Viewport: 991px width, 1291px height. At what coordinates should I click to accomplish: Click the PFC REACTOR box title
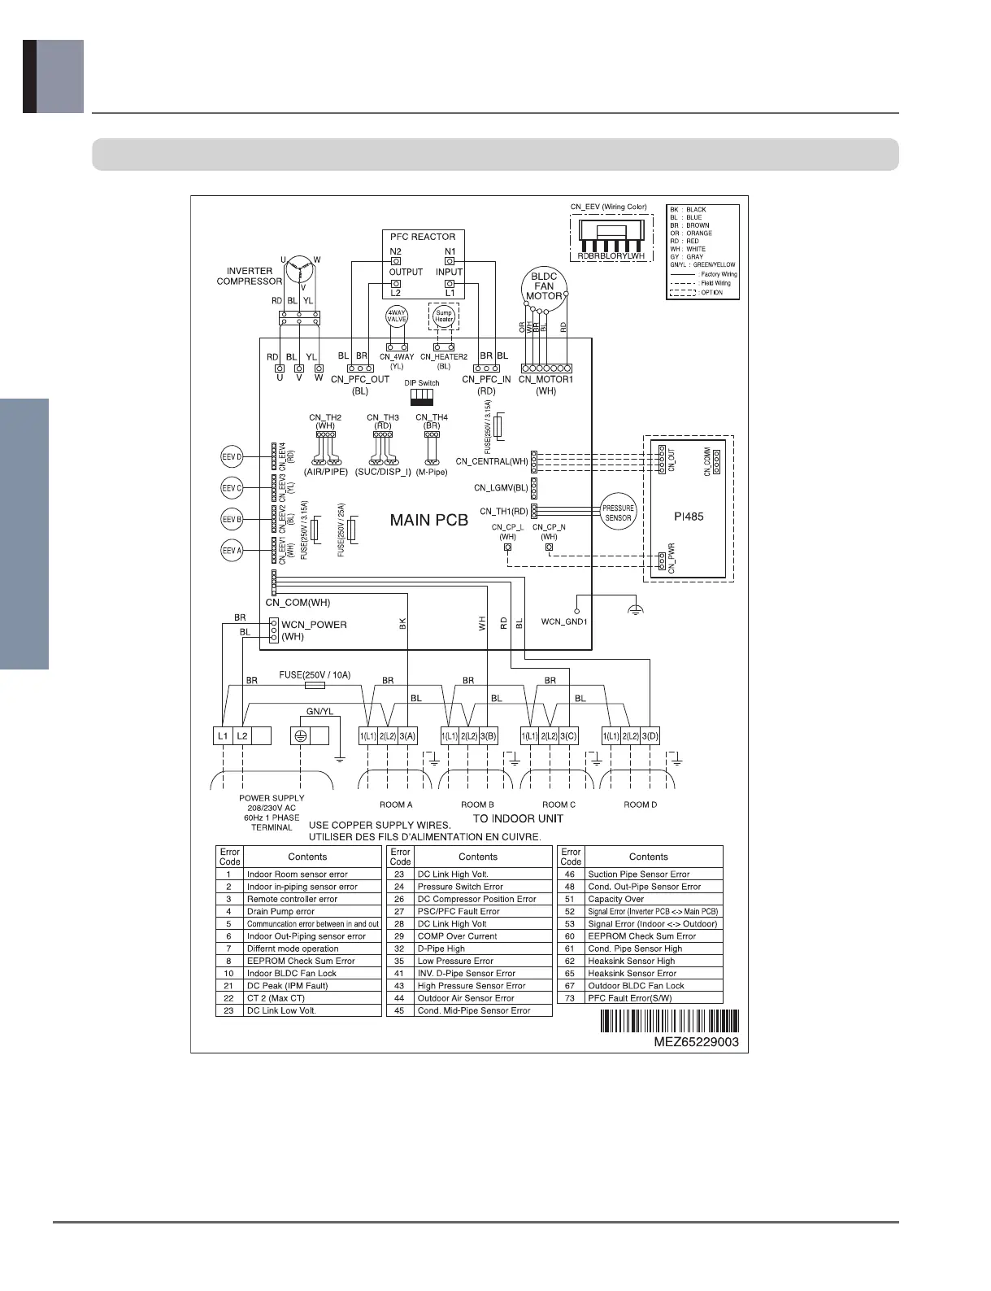[x=423, y=237]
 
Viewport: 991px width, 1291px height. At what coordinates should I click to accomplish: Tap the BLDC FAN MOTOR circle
[x=544, y=286]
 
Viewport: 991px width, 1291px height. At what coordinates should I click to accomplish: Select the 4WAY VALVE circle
[x=396, y=316]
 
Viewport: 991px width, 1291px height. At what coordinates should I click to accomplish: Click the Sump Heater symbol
[x=443, y=316]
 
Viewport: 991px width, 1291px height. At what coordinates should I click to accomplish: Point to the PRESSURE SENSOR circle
[x=618, y=512]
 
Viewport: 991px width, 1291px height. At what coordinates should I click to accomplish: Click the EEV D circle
[x=233, y=457]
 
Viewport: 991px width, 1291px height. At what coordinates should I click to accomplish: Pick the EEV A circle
[x=233, y=551]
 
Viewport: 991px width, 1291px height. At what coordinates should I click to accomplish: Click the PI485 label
[x=689, y=516]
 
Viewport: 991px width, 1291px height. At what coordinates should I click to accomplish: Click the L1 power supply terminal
[x=222, y=736]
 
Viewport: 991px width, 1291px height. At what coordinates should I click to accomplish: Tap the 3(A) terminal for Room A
[x=407, y=736]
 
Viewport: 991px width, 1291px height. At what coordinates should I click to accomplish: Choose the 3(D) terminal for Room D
[x=650, y=736]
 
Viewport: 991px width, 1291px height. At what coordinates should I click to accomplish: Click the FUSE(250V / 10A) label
[x=315, y=675]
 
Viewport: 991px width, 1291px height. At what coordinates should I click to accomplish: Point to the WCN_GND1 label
[x=564, y=622]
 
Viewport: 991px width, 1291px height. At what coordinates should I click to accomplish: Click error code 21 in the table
[x=229, y=986]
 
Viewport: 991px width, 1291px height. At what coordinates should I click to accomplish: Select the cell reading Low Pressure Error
[x=455, y=961]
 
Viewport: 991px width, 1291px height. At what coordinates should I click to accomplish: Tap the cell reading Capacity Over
[x=616, y=899]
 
